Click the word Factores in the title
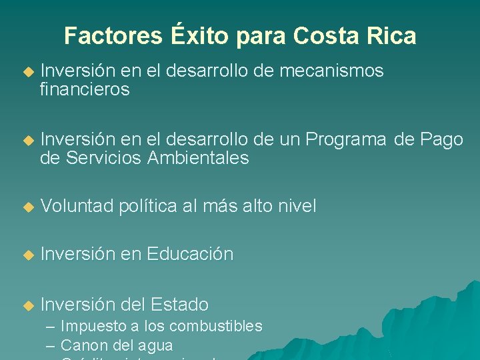pyautogui.click(x=113, y=35)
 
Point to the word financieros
pyautogui.click(x=85, y=89)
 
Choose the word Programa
pyautogui.click(x=346, y=139)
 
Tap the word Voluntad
pyautogui.click(x=77, y=207)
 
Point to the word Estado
pyautogui.click(x=180, y=305)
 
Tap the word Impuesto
pyautogui.click(x=93, y=327)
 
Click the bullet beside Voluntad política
pyautogui.click(x=27, y=207)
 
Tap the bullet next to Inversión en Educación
pyautogui.click(x=27, y=255)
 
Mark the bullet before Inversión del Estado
pyautogui.click(x=27, y=305)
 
